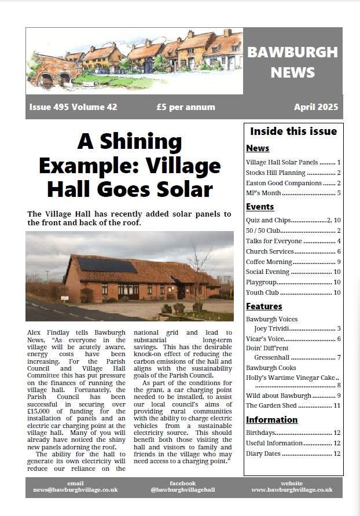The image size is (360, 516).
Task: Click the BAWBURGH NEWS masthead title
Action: coord(292,62)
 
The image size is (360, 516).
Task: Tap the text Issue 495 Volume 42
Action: coord(73,107)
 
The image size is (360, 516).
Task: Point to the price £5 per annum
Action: coord(185,107)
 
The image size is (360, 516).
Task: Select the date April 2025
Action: coord(315,107)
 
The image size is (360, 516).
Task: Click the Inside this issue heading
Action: coord(293,131)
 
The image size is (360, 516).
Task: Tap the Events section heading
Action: coord(260,207)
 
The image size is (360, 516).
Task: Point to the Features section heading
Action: coord(264,306)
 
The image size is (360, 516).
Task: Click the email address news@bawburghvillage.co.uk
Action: coord(75,490)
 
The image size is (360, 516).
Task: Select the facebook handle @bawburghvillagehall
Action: coord(182,490)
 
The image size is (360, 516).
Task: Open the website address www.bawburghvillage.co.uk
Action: coord(292,490)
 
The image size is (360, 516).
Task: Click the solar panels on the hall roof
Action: coord(107,265)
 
